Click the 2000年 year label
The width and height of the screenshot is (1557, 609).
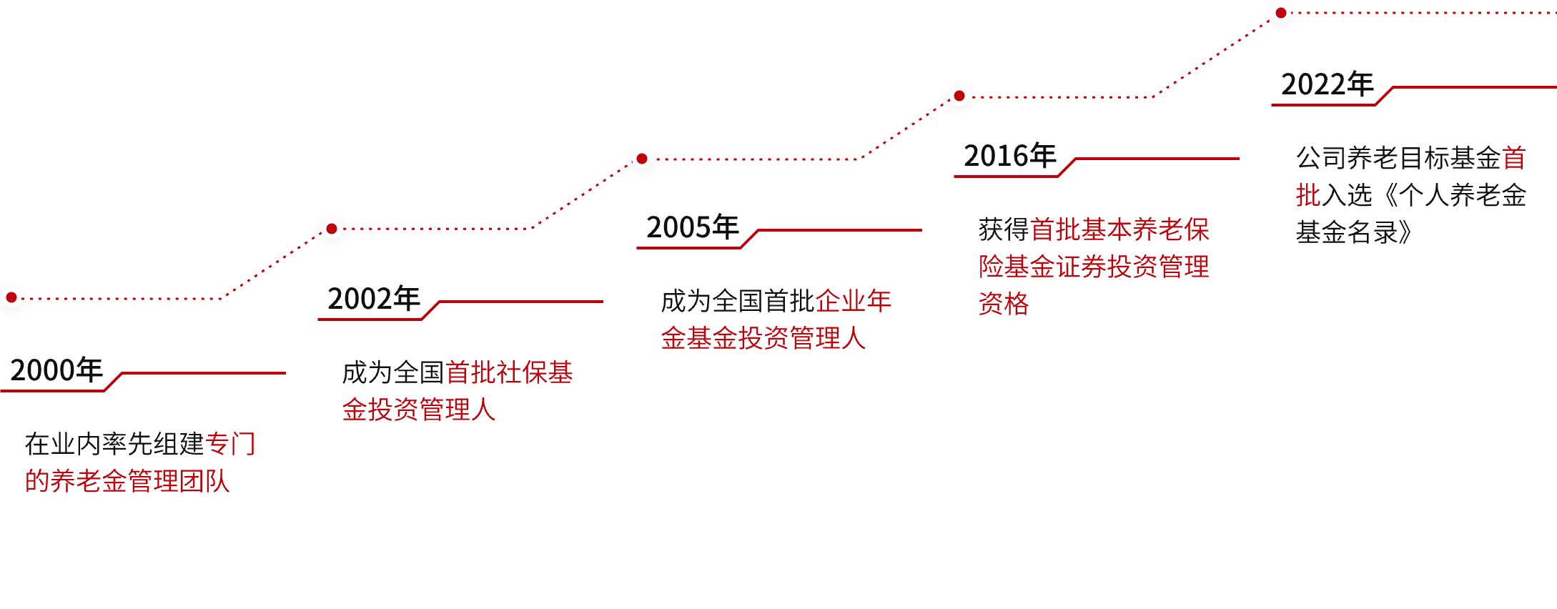tap(56, 370)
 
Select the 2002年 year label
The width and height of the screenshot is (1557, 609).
tap(373, 299)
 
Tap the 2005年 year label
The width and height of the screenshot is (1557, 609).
tap(692, 227)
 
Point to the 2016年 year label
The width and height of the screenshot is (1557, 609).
tap(1009, 156)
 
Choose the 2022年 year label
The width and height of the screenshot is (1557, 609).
tap(1327, 84)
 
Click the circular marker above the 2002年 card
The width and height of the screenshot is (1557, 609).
tap(332, 230)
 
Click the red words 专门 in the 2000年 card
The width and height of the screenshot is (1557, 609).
tap(230, 444)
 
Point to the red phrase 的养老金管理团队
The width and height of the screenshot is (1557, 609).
tap(127, 481)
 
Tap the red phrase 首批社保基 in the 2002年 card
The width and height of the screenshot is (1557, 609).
tap(509, 372)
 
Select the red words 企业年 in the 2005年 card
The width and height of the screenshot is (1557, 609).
tap(854, 301)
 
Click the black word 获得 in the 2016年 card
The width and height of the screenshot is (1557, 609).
tap(1004, 229)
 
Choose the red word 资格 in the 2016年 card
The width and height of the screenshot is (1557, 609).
tap(1004, 304)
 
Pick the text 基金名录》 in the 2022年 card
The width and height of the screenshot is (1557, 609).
tap(1354, 232)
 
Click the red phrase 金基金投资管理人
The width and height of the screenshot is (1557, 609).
tap(763, 338)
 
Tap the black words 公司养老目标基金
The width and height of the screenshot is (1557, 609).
tap(1398, 158)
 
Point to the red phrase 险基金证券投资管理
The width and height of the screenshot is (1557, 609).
tap(1094, 267)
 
